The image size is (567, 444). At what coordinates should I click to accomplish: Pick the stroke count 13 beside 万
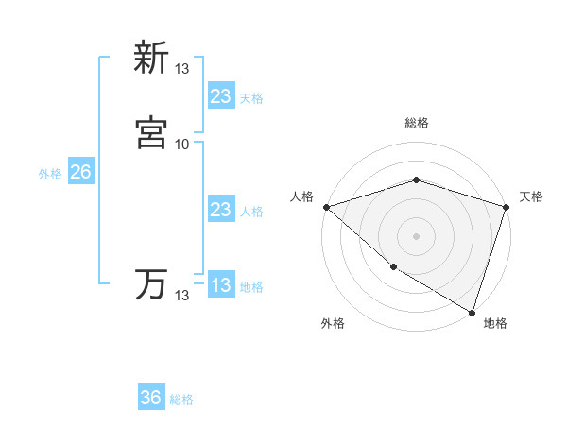click(x=181, y=296)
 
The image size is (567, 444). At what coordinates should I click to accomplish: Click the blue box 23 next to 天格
click(x=220, y=95)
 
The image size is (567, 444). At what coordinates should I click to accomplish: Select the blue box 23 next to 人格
click(x=220, y=210)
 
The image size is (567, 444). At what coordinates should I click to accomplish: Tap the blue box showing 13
click(x=220, y=285)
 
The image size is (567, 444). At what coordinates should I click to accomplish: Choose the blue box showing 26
click(x=80, y=172)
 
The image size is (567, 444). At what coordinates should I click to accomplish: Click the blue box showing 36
click(x=151, y=398)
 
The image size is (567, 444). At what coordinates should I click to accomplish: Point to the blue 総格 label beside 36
click(x=181, y=400)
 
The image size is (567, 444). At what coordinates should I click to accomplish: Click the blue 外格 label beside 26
click(x=50, y=174)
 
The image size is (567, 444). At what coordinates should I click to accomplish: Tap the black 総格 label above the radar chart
click(x=416, y=123)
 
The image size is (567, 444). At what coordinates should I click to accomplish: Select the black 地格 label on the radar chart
click(x=495, y=323)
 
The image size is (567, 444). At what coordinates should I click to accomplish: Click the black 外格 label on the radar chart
click(x=333, y=323)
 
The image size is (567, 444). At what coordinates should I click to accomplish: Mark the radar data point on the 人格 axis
click(x=326, y=206)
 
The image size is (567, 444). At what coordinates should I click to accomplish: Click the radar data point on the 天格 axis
click(x=506, y=206)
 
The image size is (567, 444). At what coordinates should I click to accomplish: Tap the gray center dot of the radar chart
click(x=416, y=235)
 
